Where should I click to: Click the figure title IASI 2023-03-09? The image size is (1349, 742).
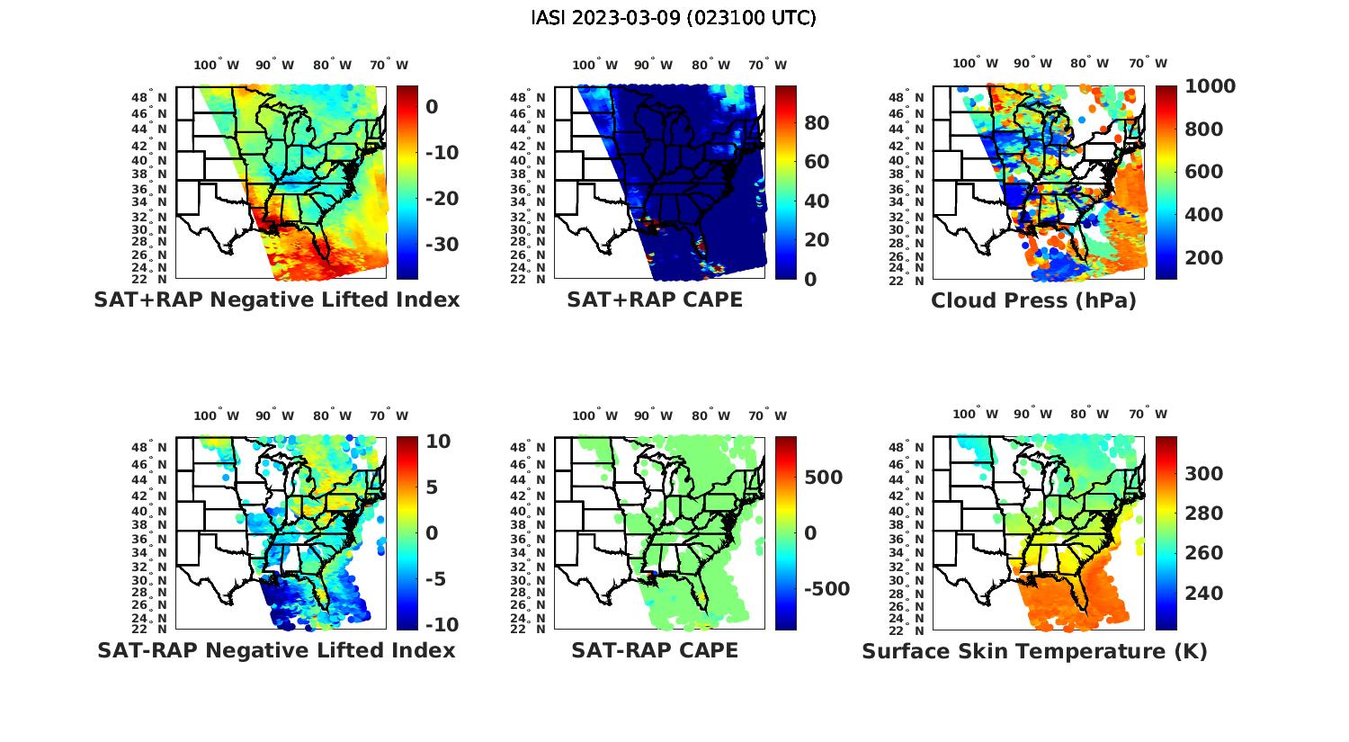coord(674,18)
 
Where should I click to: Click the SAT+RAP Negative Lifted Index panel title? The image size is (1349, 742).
coord(276,299)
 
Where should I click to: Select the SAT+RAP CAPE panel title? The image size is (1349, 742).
coord(655,299)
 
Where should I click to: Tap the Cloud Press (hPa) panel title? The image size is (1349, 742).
coord(1033,300)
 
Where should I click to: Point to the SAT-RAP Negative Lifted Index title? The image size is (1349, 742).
coord(276,650)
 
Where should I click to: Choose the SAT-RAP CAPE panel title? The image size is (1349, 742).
coord(655,650)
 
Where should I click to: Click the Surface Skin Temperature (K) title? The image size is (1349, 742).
coord(1034,651)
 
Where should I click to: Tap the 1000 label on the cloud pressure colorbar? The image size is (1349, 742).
coord(1210,86)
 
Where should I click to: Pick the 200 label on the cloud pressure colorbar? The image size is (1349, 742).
coord(1204,258)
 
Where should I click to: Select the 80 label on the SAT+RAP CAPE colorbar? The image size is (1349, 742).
coord(817,123)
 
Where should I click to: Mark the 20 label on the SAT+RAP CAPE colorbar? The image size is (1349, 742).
coord(817,240)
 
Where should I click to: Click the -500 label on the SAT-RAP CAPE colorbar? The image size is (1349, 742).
coord(826,589)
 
